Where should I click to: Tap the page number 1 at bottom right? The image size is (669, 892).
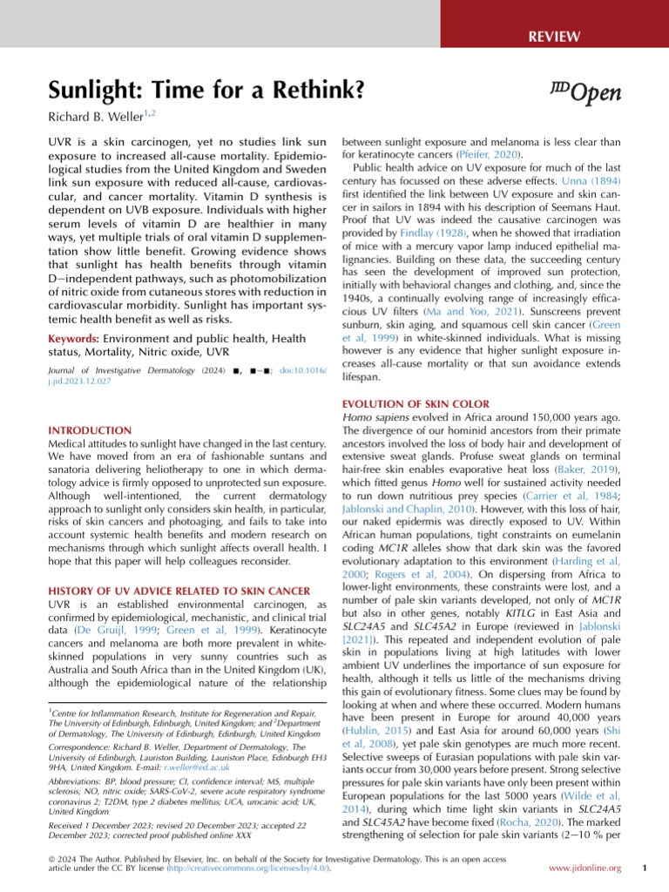click(642, 868)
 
